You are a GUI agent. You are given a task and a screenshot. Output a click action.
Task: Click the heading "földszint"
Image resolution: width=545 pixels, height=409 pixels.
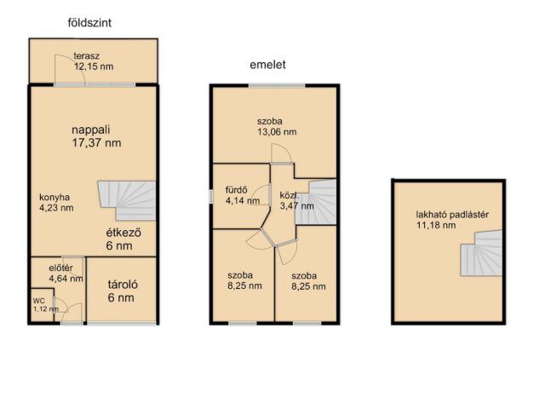[x=89, y=23]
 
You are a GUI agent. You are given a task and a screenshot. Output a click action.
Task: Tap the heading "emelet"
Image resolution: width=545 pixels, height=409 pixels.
[x=267, y=65]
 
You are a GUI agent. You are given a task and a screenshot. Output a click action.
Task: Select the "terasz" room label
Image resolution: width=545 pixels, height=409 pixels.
[x=87, y=55]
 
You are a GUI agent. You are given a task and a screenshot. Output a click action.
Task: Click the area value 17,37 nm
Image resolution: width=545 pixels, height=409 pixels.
[x=96, y=142]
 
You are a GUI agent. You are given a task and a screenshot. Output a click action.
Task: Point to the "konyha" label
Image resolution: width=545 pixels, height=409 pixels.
[x=54, y=198]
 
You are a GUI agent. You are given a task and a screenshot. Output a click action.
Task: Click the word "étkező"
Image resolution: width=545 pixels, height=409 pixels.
[x=123, y=233]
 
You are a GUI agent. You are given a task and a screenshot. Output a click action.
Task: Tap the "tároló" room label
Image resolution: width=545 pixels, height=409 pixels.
[x=123, y=285]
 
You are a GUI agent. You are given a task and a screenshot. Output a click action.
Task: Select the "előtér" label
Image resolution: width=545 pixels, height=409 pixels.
[x=60, y=268]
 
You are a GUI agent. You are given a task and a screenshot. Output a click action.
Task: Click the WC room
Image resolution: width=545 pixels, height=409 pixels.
[x=42, y=305]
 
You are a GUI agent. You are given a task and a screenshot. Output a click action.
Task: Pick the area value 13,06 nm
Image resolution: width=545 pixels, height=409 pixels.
[x=277, y=132]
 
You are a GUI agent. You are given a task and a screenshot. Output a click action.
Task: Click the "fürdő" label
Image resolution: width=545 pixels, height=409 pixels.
[x=237, y=190]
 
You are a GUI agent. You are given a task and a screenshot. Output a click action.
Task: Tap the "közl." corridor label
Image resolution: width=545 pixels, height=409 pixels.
[x=290, y=195]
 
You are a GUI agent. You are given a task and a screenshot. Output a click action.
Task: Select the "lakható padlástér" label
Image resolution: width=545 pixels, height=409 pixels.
[x=452, y=215]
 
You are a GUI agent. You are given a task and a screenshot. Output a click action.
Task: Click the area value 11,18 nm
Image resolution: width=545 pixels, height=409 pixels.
[x=436, y=225]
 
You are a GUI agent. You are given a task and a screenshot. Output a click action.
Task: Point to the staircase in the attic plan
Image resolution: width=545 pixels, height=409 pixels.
[x=481, y=253]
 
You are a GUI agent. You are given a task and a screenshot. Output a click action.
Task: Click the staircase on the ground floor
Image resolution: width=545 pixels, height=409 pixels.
[x=127, y=200]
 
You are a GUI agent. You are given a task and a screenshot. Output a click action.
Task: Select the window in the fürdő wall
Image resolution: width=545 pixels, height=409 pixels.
[x=210, y=197]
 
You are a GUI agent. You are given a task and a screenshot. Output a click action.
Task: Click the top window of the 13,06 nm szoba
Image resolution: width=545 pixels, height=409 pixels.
[x=277, y=85]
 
